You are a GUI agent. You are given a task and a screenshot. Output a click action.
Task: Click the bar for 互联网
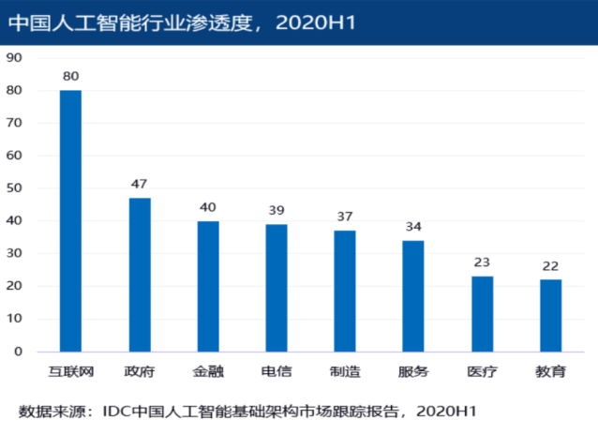pyautogui.click(x=70, y=221)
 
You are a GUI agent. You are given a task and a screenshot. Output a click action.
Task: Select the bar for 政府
pyautogui.click(x=140, y=275)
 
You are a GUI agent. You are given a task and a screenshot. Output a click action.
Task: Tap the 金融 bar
pyautogui.click(x=208, y=286)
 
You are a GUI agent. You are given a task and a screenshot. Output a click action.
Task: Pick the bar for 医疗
pyautogui.click(x=483, y=314)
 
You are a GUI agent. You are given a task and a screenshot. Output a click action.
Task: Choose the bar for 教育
pyautogui.click(x=551, y=316)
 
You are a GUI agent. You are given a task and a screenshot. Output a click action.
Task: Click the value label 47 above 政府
pyautogui.click(x=139, y=184)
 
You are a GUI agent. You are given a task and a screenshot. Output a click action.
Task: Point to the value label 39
pyautogui.click(x=277, y=210)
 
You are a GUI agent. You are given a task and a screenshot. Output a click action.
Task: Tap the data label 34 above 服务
pyautogui.click(x=413, y=227)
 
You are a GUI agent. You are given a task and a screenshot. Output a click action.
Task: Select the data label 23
pyautogui.click(x=482, y=262)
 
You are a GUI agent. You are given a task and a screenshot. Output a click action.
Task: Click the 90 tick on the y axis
pyautogui.click(x=14, y=57)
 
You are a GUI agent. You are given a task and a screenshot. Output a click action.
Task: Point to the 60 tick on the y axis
pyautogui.click(x=14, y=156)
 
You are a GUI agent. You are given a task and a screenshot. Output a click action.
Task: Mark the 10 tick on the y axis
pyautogui.click(x=14, y=318)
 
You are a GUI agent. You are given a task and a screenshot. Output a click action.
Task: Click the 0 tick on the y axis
pyautogui.click(x=18, y=352)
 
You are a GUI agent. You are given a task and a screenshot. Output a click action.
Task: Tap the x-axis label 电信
pyautogui.click(x=277, y=371)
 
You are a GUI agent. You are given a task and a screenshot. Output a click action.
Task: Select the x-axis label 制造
pyautogui.click(x=345, y=371)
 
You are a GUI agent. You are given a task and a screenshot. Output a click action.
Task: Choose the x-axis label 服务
pyautogui.click(x=413, y=371)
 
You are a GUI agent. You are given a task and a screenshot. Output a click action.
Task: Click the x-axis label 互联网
pyautogui.click(x=71, y=371)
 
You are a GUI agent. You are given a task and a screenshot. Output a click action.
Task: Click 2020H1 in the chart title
pyautogui.click(x=315, y=22)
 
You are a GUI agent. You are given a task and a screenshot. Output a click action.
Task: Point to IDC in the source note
pyautogui.click(x=117, y=412)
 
